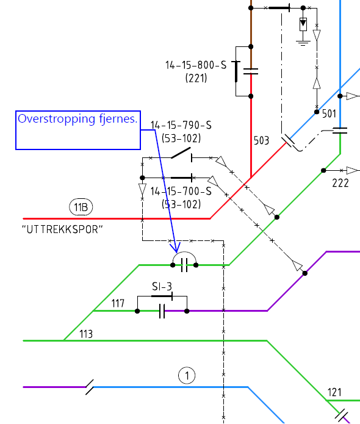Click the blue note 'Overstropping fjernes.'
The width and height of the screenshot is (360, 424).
(x=77, y=119)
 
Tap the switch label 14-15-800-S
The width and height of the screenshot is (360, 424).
(x=196, y=65)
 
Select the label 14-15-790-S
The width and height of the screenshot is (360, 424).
(x=181, y=125)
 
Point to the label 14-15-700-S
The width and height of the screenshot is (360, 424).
(x=181, y=192)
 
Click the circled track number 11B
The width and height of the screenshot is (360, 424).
(x=81, y=207)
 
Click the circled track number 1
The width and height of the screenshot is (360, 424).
(x=187, y=375)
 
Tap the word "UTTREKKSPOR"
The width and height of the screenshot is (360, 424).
(x=62, y=229)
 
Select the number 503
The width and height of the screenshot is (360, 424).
(x=261, y=140)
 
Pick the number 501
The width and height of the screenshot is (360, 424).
(x=329, y=114)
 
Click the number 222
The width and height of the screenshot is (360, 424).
(x=340, y=183)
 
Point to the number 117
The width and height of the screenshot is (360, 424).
(x=118, y=303)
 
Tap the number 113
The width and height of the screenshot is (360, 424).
(x=86, y=334)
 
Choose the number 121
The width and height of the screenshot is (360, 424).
(x=334, y=392)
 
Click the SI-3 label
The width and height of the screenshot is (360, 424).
(x=162, y=286)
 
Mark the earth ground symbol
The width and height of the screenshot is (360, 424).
(x=303, y=43)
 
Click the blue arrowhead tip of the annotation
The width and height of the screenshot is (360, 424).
(x=176, y=253)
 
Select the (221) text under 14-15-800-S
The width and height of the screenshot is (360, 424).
(x=196, y=78)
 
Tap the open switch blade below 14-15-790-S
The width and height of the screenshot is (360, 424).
(x=181, y=153)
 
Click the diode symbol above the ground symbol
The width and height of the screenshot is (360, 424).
(x=303, y=24)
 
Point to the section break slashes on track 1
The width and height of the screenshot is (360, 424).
(x=90, y=387)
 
